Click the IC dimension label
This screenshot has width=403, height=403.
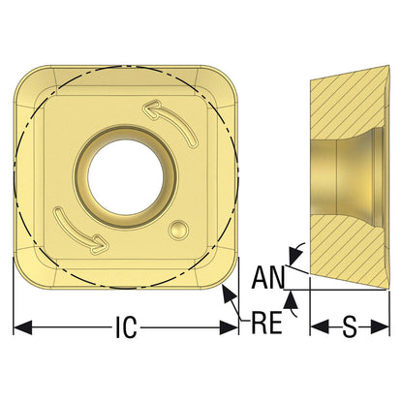126,327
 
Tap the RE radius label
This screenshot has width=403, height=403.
266,323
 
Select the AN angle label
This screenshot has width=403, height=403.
268,278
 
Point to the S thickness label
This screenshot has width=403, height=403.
350,327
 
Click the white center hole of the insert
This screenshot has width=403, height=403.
126,177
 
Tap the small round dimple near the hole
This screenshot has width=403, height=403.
178,230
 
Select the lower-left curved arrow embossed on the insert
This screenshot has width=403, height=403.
80,231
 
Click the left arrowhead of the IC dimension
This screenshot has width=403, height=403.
22,327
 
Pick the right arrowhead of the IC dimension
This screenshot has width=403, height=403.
229,327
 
